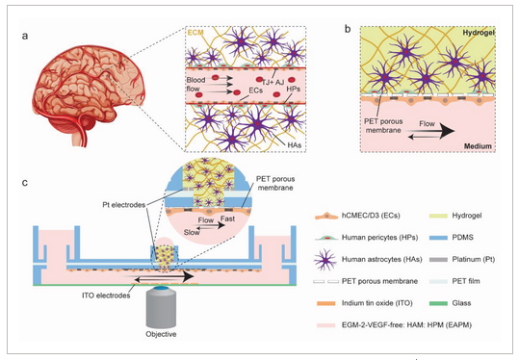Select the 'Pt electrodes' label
coord(124,206)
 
